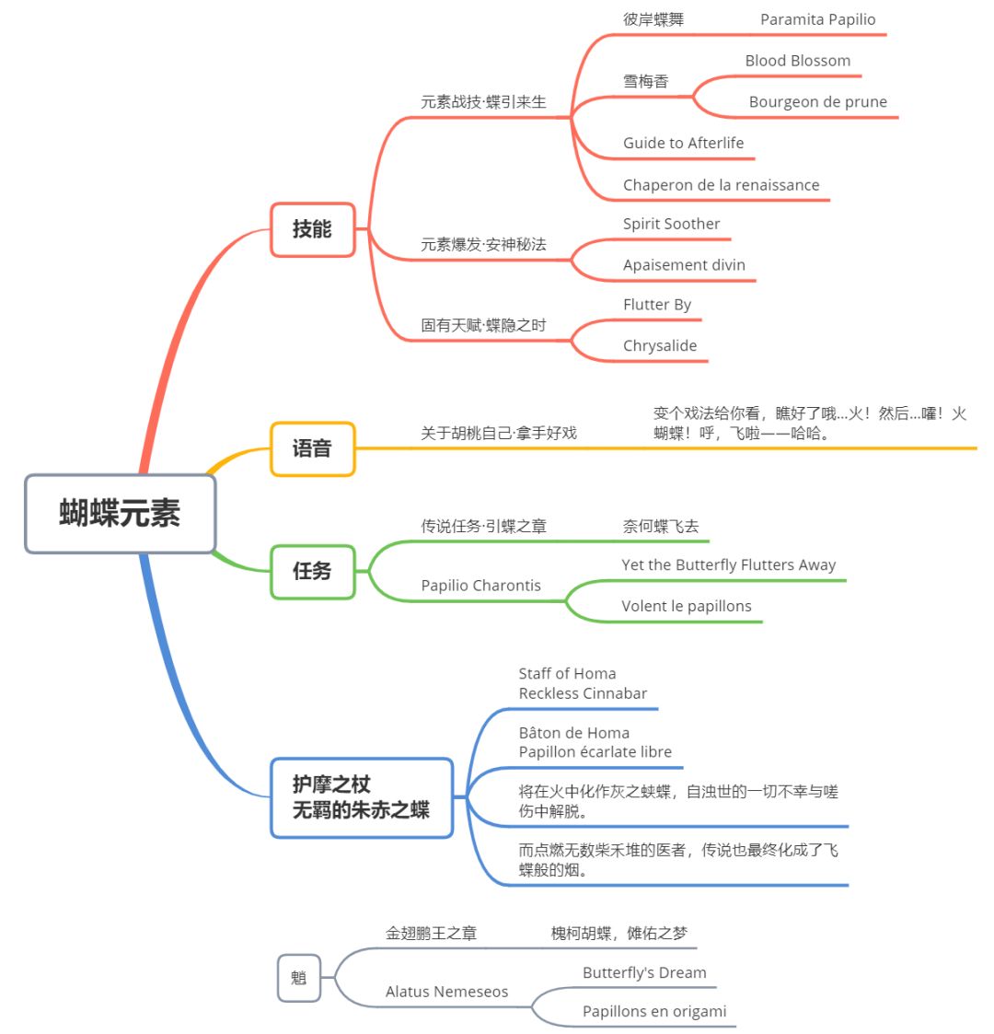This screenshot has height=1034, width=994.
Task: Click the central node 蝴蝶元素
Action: pyautogui.click(x=120, y=514)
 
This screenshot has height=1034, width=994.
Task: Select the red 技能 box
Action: pyautogui.click(x=312, y=229)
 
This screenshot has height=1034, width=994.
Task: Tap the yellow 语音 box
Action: pyautogui.click(x=312, y=448)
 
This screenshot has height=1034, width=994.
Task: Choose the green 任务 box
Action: pyautogui.click(x=312, y=571)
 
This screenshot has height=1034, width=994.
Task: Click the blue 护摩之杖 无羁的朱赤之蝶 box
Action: pyautogui.click(x=361, y=797)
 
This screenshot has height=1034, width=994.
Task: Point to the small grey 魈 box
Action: pyautogui.click(x=298, y=978)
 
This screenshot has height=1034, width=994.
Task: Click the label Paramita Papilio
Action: pyautogui.click(x=817, y=20)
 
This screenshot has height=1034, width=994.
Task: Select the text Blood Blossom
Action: pyautogui.click(x=797, y=61)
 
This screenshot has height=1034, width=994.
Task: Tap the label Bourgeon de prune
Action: pyautogui.click(x=817, y=102)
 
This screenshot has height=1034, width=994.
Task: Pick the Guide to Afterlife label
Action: pyautogui.click(x=683, y=143)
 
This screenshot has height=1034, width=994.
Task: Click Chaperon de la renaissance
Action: pyautogui.click(x=721, y=185)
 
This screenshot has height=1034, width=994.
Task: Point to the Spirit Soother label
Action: pyautogui.click(x=671, y=224)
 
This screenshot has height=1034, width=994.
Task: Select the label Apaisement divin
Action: pyautogui.click(x=684, y=265)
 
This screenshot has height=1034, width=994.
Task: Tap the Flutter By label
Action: pyautogui.click(x=656, y=305)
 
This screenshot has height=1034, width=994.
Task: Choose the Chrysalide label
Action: pyautogui.click(x=659, y=346)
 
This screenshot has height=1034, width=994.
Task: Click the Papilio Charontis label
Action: pyautogui.click(x=480, y=586)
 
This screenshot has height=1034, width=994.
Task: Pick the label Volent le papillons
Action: pyautogui.click(x=686, y=606)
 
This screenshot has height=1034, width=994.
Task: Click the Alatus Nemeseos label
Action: pyautogui.click(x=446, y=992)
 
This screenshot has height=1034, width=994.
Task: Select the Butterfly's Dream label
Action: pyautogui.click(x=644, y=973)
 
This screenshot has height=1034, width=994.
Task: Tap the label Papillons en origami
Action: pyautogui.click(x=653, y=1012)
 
